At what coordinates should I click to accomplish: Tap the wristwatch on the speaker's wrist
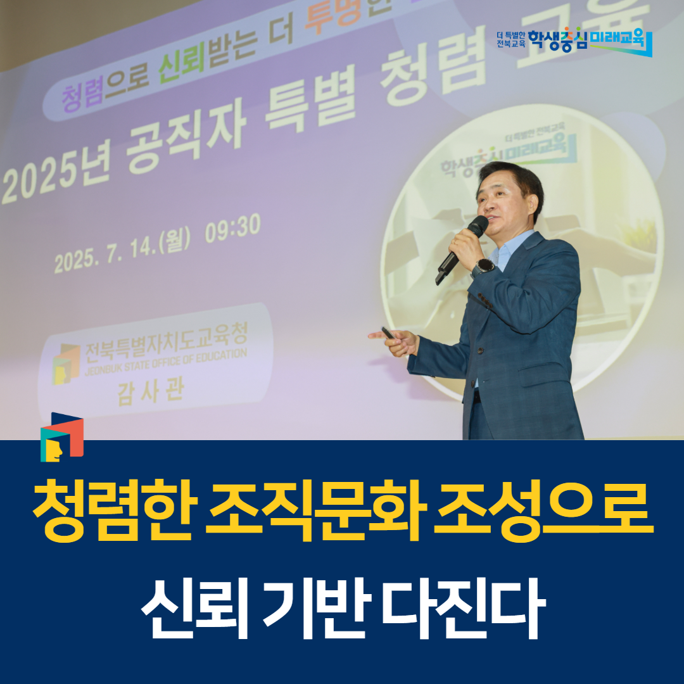coord(484,266)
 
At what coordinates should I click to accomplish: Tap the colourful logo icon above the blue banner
coord(61,437)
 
